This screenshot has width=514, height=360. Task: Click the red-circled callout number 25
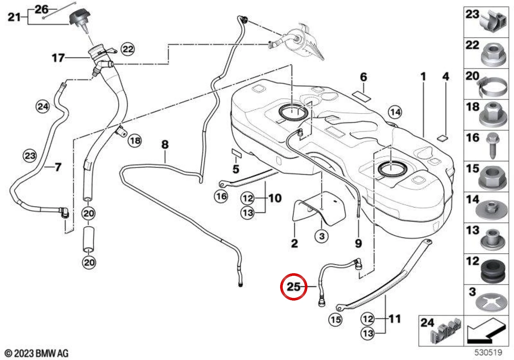(x=294, y=286)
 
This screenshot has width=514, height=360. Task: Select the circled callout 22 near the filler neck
(x=128, y=49)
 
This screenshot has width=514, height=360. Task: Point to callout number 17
(x=58, y=58)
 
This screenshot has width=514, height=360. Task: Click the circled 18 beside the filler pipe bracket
(x=135, y=140)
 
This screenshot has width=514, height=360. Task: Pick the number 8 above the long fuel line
(x=165, y=144)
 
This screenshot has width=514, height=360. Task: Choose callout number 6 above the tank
(x=363, y=77)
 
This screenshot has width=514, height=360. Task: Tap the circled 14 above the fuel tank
(x=395, y=112)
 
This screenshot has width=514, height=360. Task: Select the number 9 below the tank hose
(x=359, y=243)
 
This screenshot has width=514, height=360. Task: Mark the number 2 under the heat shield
(x=294, y=243)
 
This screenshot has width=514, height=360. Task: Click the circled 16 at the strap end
(x=221, y=196)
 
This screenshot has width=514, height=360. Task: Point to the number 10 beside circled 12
(x=275, y=198)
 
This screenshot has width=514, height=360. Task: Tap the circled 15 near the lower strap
(x=336, y=319)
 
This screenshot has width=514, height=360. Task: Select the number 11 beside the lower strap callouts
(x=395, y=319)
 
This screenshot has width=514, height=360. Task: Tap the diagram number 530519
(x=488, y=352)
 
